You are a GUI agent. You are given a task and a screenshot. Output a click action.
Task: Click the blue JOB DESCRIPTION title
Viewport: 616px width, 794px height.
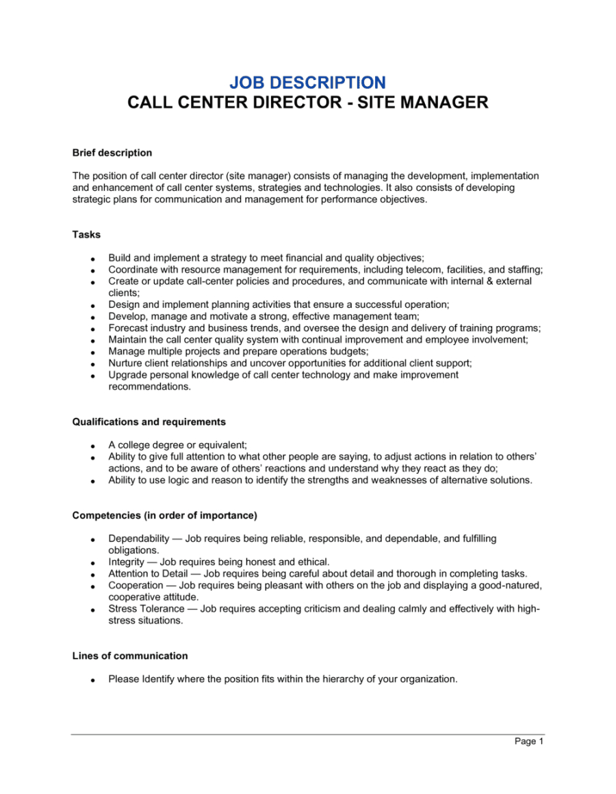[307, 83]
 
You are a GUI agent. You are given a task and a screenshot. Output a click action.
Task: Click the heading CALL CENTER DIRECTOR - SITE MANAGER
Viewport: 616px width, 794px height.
[307, 103]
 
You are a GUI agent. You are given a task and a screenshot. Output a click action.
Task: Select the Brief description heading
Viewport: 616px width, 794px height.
[112, 153]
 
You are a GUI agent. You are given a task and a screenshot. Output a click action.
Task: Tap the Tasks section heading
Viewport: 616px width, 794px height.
[86, 235]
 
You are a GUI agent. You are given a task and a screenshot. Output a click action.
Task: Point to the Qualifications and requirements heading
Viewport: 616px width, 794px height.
[149, 422]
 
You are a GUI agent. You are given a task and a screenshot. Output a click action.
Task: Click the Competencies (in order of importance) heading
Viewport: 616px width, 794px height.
[164, 515]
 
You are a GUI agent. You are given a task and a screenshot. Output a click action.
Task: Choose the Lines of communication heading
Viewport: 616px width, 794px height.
[130, 656]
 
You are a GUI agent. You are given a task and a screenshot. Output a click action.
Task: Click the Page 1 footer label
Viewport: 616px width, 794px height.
[529, 741]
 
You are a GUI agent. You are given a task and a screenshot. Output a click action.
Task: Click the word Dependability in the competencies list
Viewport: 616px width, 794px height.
[139, 539]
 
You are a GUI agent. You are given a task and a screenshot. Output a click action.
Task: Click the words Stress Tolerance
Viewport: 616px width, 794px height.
[146, 609]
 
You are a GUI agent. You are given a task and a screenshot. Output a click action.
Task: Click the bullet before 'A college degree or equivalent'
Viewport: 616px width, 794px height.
[92, 446]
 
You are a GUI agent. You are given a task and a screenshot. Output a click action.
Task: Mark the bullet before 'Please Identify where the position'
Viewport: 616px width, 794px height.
[92, 680]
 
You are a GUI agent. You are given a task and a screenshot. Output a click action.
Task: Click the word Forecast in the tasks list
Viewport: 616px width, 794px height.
[129, 328]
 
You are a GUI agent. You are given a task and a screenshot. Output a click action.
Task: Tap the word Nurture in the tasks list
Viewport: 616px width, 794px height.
[126, 363]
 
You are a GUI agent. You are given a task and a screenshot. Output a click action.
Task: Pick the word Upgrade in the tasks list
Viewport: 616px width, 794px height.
[128, 375]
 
